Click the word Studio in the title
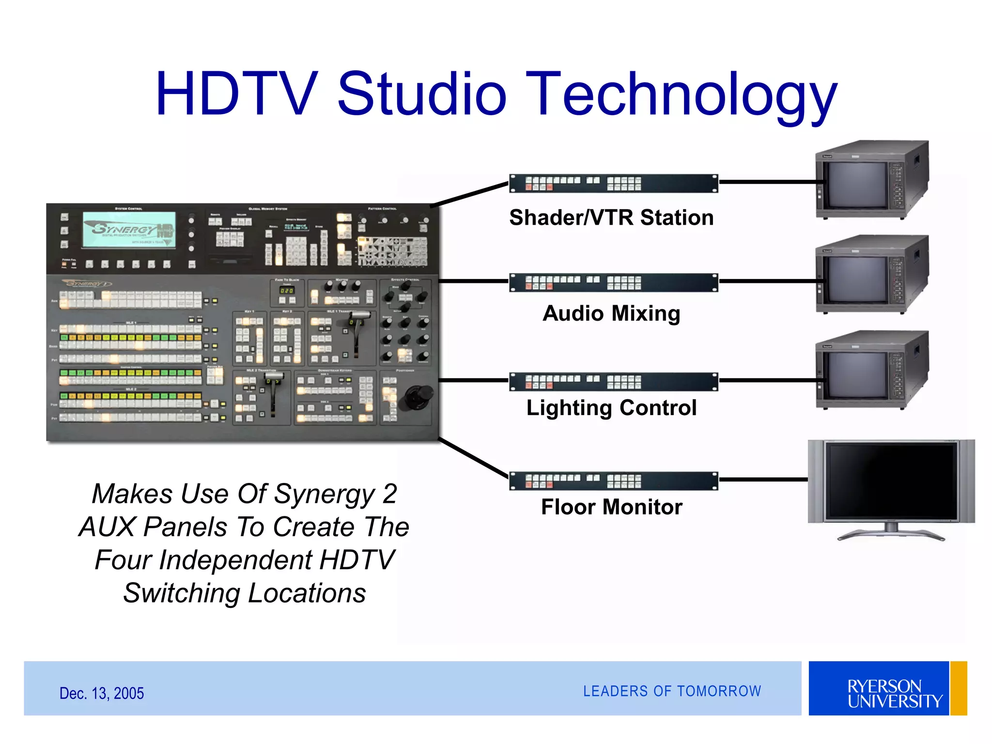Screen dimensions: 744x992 (x=421, y=94)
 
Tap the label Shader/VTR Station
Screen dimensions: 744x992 (x=611, y=218)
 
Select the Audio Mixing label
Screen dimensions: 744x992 (x=611, y=313)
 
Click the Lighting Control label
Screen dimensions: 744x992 (x=611, y=408)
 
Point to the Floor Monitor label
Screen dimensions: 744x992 (x=611, y=507)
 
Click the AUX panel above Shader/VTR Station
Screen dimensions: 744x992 (x=613, y=184)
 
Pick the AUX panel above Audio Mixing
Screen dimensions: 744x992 (x=613, y=282)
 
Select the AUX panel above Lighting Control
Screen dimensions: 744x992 (x=613, y=382)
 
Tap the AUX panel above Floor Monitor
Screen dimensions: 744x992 (x=613, y=481)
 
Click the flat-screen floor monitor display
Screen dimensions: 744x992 (x=891, y=482)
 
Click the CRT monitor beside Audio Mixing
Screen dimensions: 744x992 (x=872, y=275)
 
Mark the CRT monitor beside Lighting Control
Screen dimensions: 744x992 (x=872, y=370)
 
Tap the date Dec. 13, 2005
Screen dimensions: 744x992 (x=102, y=694)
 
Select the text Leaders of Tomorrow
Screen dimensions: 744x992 (x=672, y=691)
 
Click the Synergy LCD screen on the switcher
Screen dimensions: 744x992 (x=129, y=230)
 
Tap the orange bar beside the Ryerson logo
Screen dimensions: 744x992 (x=959, y=688)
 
